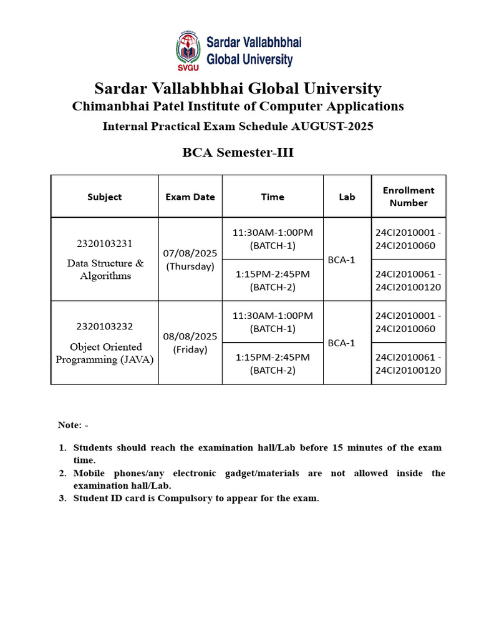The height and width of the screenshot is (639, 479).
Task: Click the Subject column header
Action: (x=105, y=197)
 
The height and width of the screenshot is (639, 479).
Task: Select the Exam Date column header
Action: (x=190, y=197)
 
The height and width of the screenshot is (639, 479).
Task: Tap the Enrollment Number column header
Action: (x=409, y=196)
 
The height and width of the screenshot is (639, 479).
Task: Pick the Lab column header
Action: (x=347, y=197)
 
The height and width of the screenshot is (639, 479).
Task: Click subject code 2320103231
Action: (x=105, y=243)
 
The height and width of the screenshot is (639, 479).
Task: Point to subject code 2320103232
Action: (x=105, y=326)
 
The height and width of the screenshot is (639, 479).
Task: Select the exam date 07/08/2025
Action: (x=190, y=253)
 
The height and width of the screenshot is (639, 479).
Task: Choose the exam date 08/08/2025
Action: (x=190, y=336)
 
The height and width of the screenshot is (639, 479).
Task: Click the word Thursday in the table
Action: (x=190, y=266)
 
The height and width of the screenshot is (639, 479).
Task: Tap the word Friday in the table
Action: (x=190, y=349)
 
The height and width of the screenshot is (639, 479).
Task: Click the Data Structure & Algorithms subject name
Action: (x=105, y=270)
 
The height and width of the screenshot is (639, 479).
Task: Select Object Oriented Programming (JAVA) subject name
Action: (x=105, y=353)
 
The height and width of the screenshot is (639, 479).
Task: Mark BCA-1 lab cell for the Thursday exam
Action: (x=341, y=260)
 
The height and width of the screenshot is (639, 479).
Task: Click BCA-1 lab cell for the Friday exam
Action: (x=341, y=343)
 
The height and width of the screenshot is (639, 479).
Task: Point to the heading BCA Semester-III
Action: (x=238, y=153)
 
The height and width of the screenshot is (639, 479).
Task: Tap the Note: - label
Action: (x=73, y=425)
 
